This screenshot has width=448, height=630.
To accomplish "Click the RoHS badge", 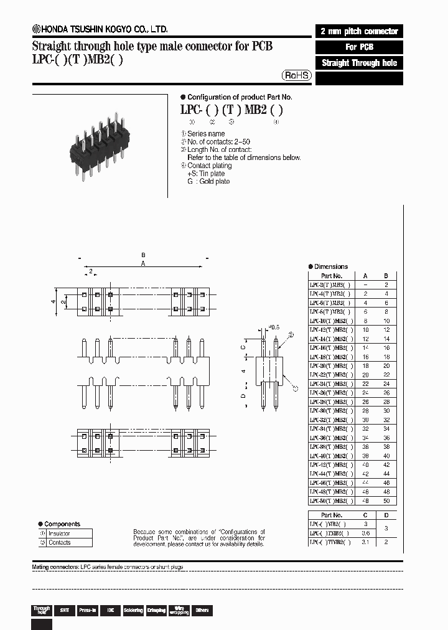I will [297, 75].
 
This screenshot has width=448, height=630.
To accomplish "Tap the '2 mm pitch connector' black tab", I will [359, 31].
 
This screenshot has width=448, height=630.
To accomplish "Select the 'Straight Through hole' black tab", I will [359, 63].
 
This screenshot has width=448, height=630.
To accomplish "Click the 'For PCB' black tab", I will [359, 47].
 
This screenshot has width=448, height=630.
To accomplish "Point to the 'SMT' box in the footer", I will [63, 611].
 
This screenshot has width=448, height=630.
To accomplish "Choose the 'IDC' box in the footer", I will [111, 611].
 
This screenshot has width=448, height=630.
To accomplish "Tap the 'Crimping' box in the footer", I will [156, 611].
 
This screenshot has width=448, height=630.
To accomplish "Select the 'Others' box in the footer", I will [202, 611].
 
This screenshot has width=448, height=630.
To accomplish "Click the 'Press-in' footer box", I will [87, 611].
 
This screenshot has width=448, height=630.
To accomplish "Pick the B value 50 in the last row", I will [386, 501].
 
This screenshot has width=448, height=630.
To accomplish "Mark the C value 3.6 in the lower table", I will [365, 534].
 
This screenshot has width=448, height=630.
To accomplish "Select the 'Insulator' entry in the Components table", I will [60, 534].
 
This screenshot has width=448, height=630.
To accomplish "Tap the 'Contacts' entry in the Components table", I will [60, 543].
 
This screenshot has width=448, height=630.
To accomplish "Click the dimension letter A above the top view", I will [143, 264].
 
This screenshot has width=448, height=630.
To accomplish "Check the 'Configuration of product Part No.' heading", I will [240, 97].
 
